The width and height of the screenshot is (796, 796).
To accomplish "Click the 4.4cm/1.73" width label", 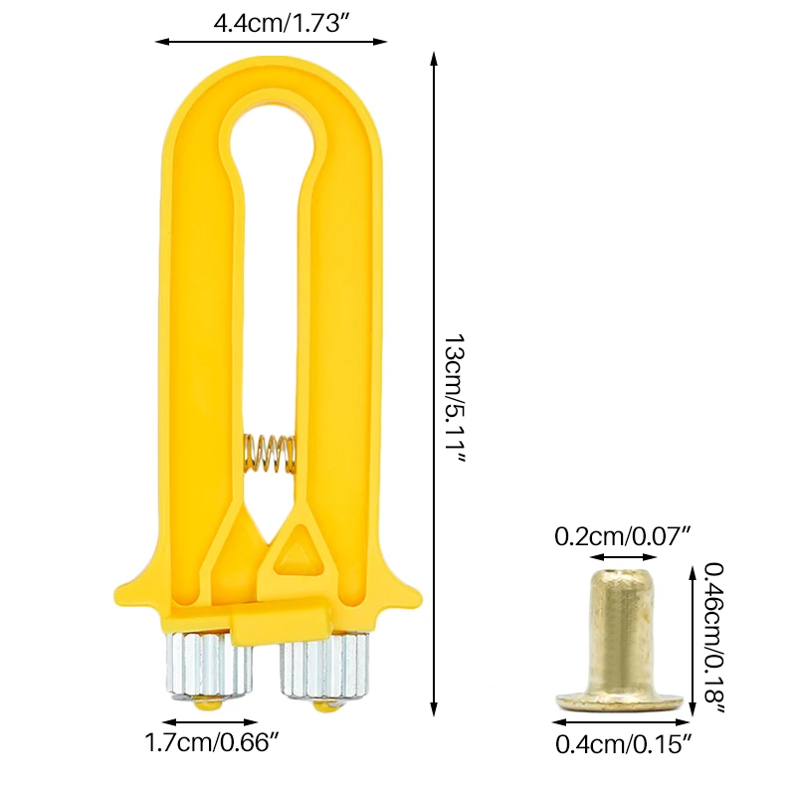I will (x=271, y=21).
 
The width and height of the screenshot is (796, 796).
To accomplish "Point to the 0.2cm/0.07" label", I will (x=622, y=536).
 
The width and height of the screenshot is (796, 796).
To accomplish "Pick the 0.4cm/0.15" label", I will (x=622, y=742).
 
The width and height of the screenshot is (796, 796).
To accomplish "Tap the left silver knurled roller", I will (x=209, y=665).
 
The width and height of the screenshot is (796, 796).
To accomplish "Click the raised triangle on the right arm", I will (x=296, y=550).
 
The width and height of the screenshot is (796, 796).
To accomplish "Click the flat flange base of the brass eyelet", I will (x=618, y=700).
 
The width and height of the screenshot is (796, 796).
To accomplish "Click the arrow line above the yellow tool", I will (x=271, y=41).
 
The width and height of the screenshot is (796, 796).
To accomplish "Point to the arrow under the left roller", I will (x=210, y=722).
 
